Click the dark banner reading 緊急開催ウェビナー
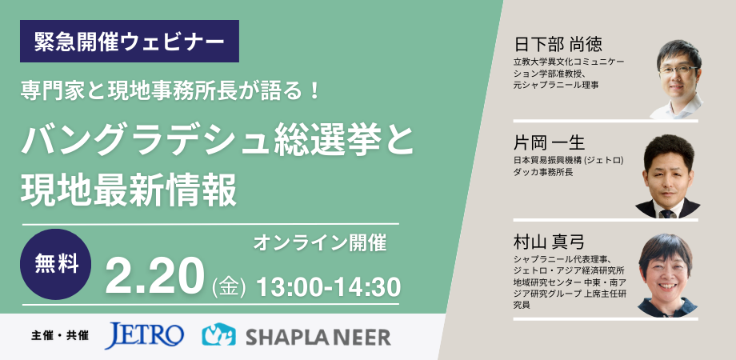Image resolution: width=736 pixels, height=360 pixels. coord(129,42)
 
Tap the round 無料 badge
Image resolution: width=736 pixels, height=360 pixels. coord(56,264)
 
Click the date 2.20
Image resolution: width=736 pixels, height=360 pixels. coord(155,277)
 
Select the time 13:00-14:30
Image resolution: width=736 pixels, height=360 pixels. coord(329,286)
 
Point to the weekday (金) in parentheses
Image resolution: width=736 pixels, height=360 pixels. coord(229,288)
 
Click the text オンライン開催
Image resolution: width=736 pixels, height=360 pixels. coord(320,243)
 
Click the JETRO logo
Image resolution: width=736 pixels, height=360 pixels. coord(144,335)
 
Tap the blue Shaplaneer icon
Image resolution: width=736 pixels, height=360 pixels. coord(218,334)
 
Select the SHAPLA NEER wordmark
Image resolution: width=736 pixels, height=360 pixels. coord(318,337)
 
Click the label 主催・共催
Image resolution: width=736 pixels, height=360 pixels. coord(60,336)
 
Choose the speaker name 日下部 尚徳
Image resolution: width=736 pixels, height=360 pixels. coord(558,45)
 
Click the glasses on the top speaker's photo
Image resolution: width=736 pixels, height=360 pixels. coord(678,70)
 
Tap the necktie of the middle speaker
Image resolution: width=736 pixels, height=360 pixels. coord(666,214)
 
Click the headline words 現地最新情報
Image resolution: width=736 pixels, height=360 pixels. coord(129,191)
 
